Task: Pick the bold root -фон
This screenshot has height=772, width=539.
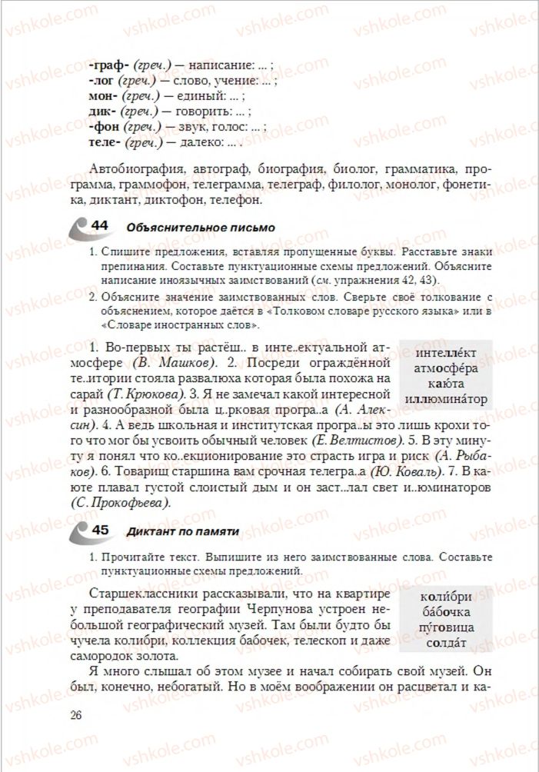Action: tap(105, 128)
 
